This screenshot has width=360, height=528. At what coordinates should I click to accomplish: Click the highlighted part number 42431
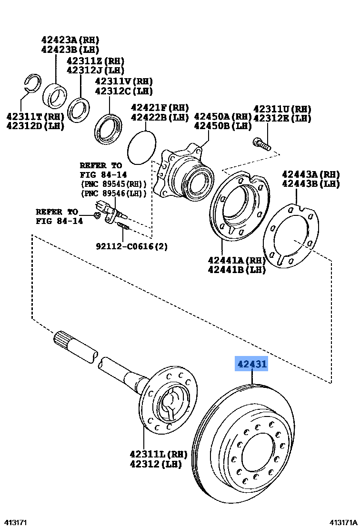point(252,365)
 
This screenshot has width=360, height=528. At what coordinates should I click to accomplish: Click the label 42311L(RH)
point(158,454)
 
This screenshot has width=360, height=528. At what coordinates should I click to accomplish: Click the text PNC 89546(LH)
point(113,193)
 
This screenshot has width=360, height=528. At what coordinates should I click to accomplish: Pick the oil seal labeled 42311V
point(109,128)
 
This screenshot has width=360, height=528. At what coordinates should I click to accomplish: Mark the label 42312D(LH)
point(35,126)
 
